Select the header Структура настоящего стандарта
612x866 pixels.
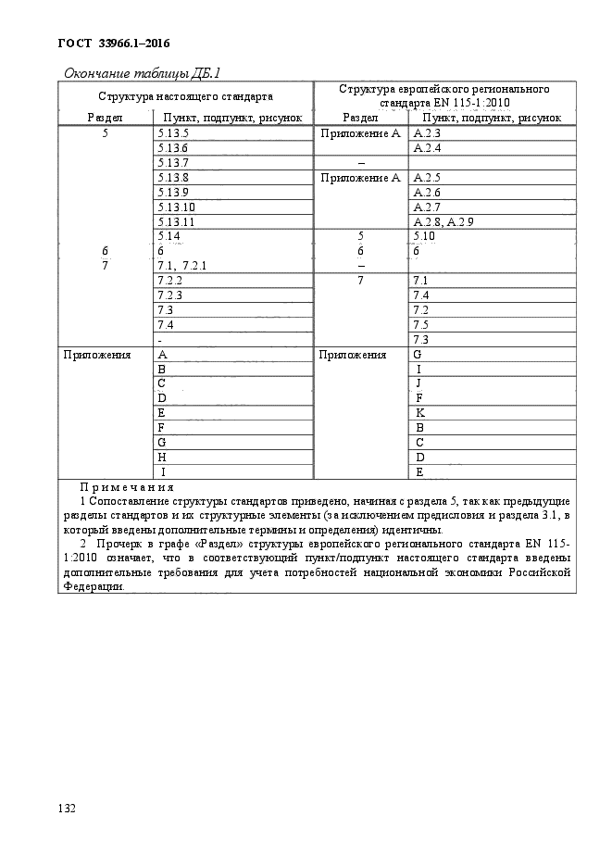tap(186, 95)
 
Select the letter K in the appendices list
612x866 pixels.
tap(419, 412)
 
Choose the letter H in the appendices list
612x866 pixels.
tap(163, 457)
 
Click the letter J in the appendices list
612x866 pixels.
tap(419, 383)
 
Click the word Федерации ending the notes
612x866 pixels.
tap(92, 586)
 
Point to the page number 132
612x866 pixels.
tap(66, 809)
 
